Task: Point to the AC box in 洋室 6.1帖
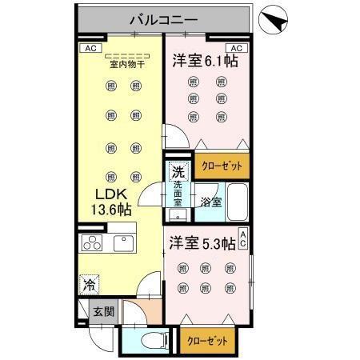[x=237, y=47]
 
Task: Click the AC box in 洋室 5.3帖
[x=242, y=239]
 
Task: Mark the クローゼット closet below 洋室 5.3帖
[x=207, y=340]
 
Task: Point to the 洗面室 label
[x=178, y=194]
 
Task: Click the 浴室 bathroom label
[x=210, y=203]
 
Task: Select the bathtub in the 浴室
[x=236, y=202]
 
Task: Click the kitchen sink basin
[x=126, y=243]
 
